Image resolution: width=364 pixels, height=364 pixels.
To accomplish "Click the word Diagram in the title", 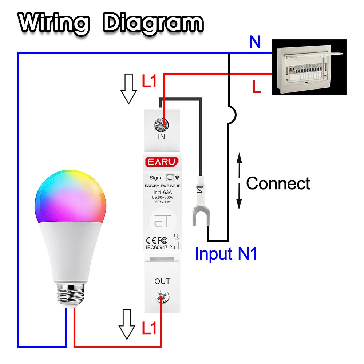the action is click(153, 23).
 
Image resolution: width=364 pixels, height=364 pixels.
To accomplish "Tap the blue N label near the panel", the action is click(255, 43).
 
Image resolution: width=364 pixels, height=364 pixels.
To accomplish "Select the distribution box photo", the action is click(309, 67).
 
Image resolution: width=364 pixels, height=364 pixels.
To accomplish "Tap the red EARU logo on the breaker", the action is click(162, 161).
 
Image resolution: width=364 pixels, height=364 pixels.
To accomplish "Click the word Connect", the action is click(278, 183).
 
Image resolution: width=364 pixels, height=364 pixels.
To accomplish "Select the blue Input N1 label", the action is click(226, 253).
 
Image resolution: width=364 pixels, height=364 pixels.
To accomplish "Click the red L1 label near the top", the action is click(149, 81).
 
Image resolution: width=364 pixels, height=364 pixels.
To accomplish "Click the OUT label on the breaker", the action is click(162, 281).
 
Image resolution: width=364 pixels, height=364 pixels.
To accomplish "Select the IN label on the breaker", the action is click(162, 137).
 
